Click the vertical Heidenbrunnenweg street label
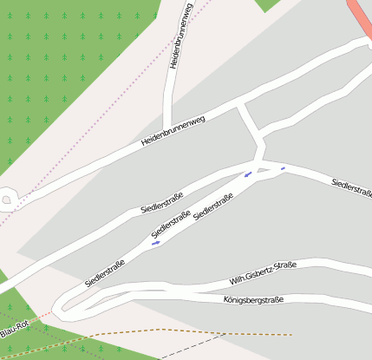(x=180, y=36)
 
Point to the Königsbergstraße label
(x=253, y=300)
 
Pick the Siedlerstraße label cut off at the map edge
(x=351, y=186)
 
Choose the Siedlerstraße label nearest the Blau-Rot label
(x=105, y=272)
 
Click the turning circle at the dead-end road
(x=8, y=200)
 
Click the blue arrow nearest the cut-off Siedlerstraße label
(x=283, y=168)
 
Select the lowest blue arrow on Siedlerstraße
(x=155, y=244)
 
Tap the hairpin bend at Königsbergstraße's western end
(x=61, y=305)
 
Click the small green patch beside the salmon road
(x=270, y=4)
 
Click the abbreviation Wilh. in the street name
(x=238, y=280)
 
